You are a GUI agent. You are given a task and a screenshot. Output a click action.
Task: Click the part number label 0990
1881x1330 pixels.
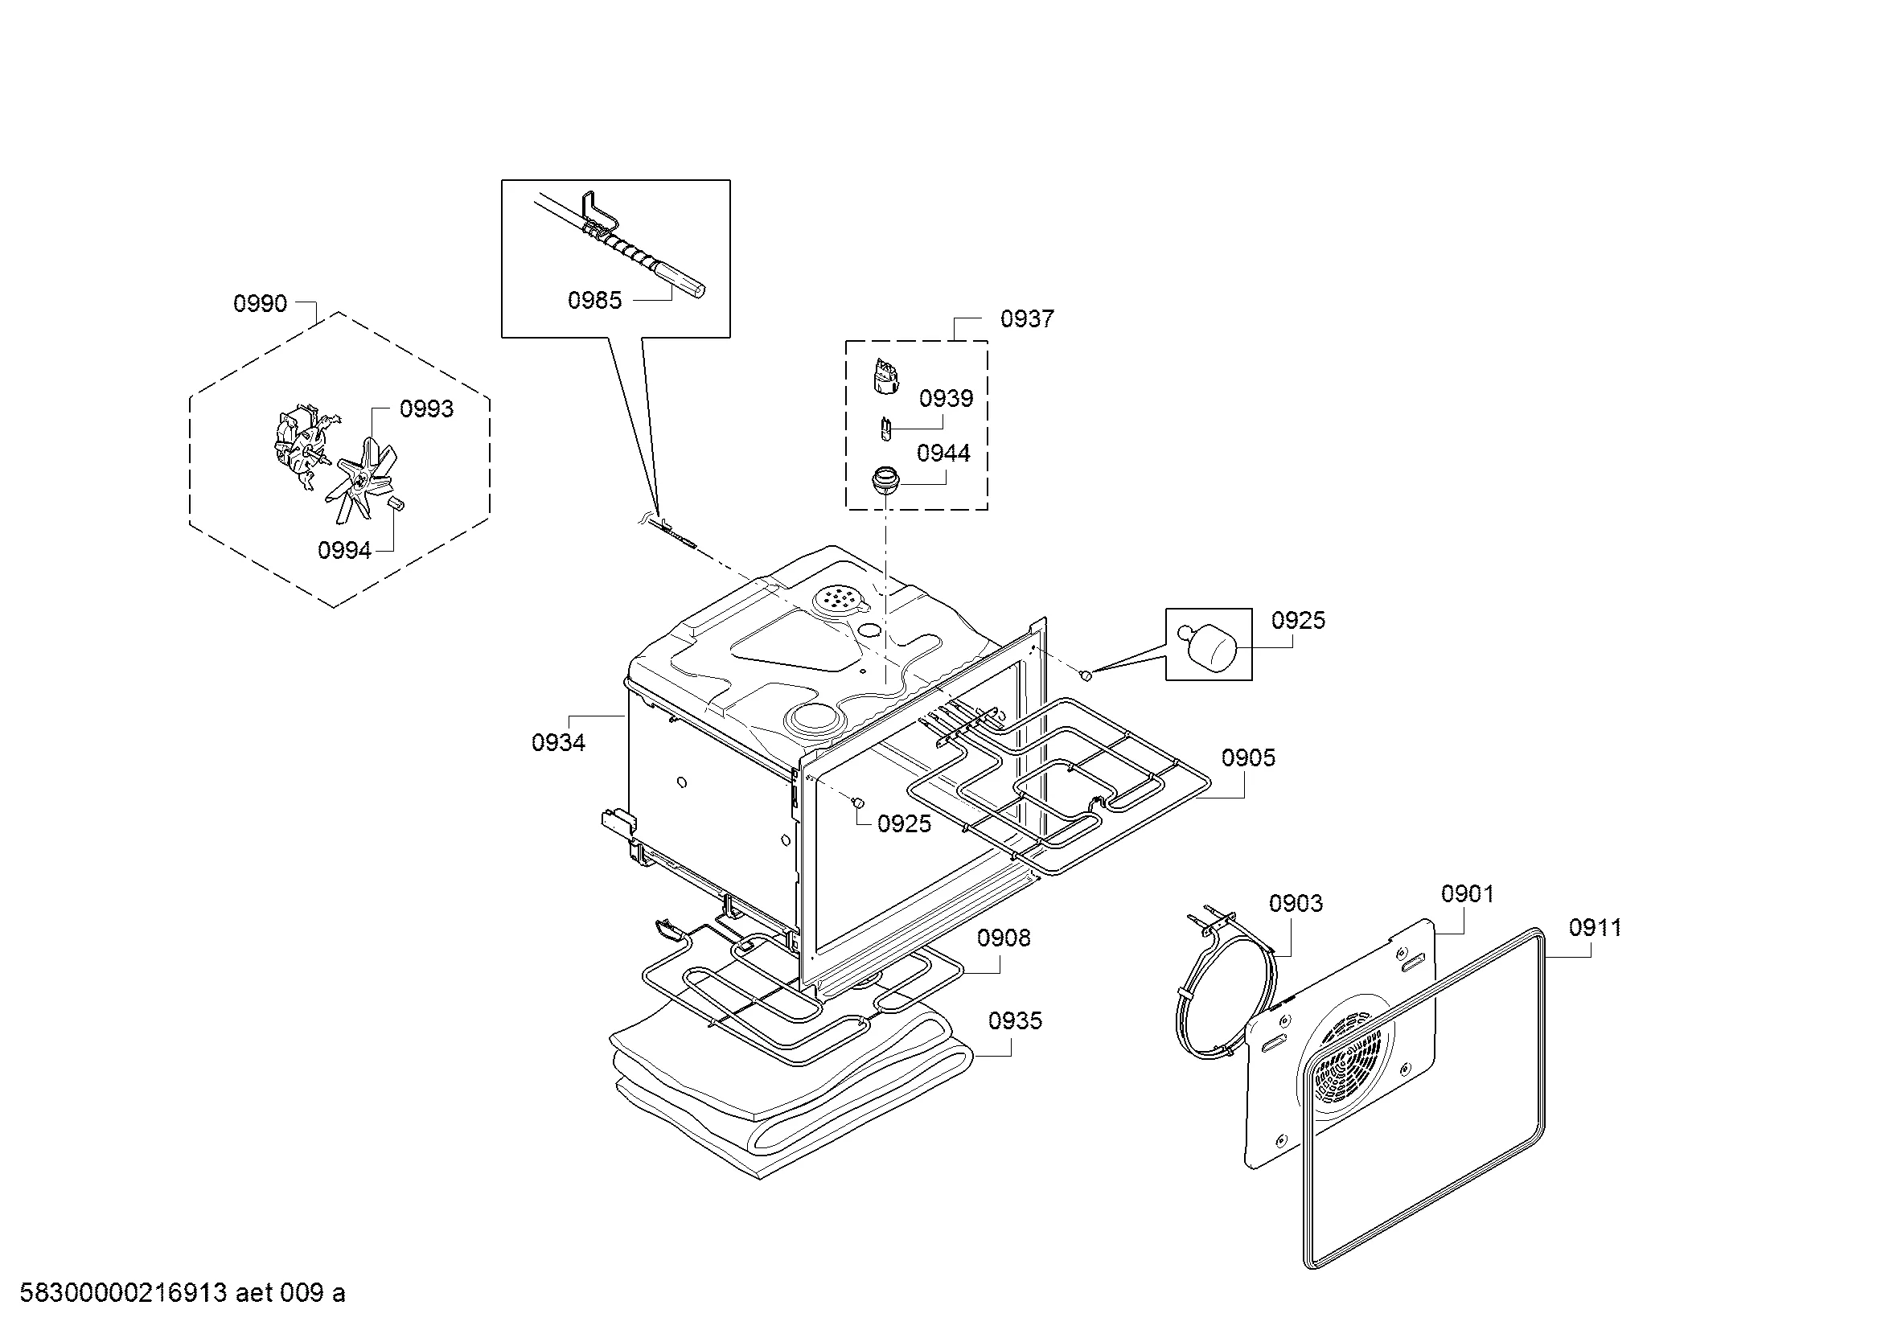pyautogui.click(x=261, y=304)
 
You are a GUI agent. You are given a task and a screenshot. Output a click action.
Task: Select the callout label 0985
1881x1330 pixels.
pyautogui.click(x=595, y=301)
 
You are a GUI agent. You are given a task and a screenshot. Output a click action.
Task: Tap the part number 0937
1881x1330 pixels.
pyautogui.click(x=1027, y=318)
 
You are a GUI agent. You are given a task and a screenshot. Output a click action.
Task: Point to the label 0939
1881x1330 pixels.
pyautogui.click(x=947, y=399)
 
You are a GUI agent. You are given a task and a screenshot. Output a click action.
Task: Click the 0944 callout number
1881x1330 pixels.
pyautogui.click(x=944, y=454)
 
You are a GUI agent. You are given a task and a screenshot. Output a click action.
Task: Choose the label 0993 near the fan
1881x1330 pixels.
pyautogui.click(x=427, y=408)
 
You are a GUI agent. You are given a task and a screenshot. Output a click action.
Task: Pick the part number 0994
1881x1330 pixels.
pyautogui.click(x=345, y=551)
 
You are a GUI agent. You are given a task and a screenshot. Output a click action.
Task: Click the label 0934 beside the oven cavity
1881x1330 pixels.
pyautogui.click(x=559, y=743)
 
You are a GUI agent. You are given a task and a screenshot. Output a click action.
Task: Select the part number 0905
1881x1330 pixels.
pyautogui.click(x=1249, y=757)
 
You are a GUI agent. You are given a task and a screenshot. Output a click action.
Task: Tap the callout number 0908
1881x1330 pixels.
pyautogui.click(x=1004, y=938)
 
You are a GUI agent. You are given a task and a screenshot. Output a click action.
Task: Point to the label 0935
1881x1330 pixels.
pyautogui.click(x=1015, y=1021)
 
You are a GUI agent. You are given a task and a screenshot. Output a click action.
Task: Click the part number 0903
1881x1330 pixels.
pyautogui.click(x=1296, y=903)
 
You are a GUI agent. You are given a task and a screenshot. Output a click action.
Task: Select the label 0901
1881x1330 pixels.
pyautogui.click(x=1468, y=893)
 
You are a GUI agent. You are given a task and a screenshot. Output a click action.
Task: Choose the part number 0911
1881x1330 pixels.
pyautogui.click(x=1596, y=928)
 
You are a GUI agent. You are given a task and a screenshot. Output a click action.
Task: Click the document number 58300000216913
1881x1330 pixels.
pyautogui.click(x=123, y=1293)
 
